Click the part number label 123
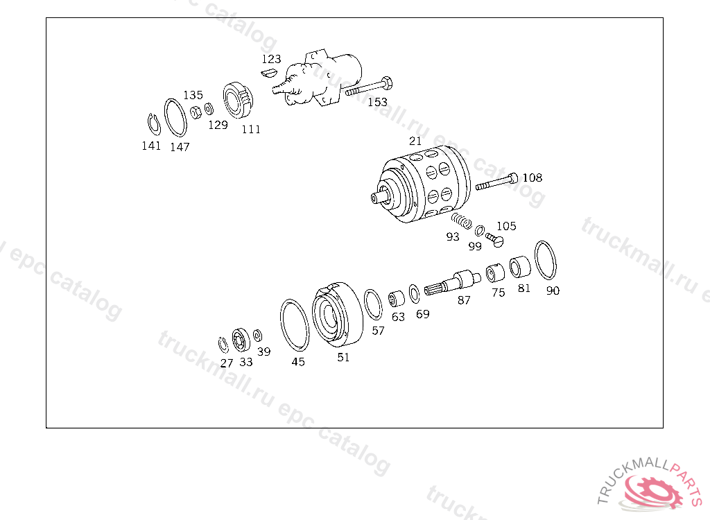(x=271, y=59)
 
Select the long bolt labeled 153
(x=369, y=87)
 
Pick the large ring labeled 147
(x=175, y=117)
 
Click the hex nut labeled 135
(x=196, y=112)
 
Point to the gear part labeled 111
(x=238, y=100)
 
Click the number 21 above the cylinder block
(x=415, y=141)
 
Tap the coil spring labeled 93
(x=461, y=220)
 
